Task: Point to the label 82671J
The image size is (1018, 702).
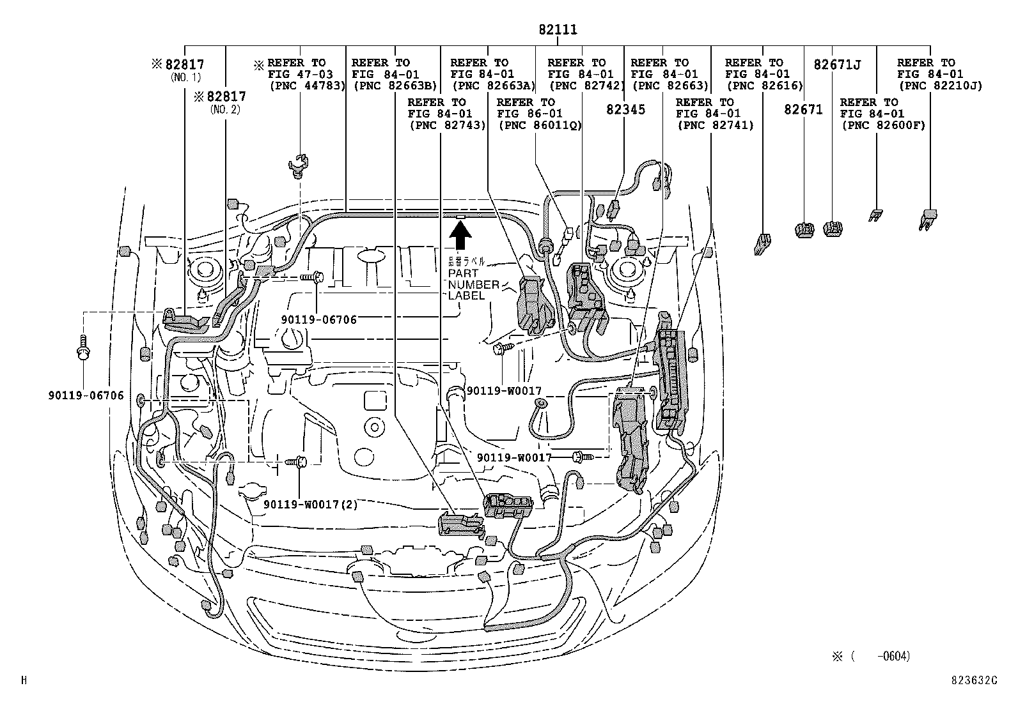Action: pyautogui.click(x=837, y=65)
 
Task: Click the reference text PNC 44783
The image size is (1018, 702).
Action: pyautogui.click(x=307, y=86)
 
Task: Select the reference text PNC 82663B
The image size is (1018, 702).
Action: pyautogui.click(x=394, y=86)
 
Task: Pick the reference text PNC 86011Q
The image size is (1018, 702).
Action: pyautogui.click(x=539, y=125)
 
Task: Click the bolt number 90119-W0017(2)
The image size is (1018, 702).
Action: pyautogui.click(x=310, y=504)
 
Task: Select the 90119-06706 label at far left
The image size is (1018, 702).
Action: pyautogui.click(x=85, y=395)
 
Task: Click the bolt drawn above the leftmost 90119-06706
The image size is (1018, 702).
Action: pyautogui.click(x=83, y=348)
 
